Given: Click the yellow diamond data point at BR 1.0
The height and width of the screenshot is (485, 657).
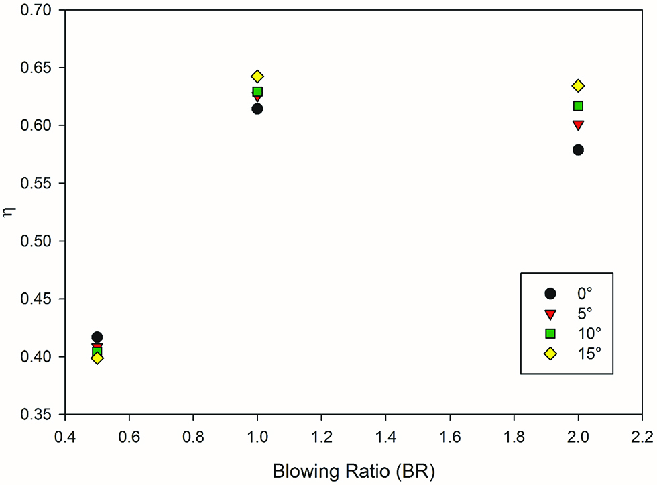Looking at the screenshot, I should tap(257, 76).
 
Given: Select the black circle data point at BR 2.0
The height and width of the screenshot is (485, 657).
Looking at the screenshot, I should tap(578, 150).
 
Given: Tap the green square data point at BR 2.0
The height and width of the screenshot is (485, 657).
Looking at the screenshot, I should tap(578, 106).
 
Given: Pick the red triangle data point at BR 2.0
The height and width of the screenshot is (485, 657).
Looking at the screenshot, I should tap(578, 125).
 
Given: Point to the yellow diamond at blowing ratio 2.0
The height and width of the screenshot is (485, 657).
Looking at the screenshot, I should tap(578, 86).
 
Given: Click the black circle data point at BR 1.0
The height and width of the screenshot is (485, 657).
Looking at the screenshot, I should tap(257, 109).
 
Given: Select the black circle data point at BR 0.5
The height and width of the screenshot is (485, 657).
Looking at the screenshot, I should tap(97, 337).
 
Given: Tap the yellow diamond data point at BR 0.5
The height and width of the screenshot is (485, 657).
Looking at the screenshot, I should tap(97, 358).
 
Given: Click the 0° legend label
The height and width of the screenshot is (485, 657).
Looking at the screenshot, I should tap(585, 294).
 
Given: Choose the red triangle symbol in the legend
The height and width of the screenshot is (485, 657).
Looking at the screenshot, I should tap(550, 314).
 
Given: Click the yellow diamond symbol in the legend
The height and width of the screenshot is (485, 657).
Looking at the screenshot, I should tap(550, 354).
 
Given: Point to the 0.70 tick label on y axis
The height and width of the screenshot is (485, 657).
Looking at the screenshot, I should tap(38, 11).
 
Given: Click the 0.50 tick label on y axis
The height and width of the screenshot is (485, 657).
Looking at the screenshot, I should tap(38, 241).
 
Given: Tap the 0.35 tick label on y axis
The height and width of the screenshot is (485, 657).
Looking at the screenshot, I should tap(38, 414).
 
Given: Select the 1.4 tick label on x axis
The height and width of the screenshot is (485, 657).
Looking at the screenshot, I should tap(385, 437).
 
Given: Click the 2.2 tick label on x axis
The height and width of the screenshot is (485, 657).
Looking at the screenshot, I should tap(642, 437).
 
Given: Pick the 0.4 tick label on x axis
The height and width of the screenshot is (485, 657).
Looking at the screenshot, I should tap(65, 437).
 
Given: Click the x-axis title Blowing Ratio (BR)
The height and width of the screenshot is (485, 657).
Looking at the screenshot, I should tap(353, 471).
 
